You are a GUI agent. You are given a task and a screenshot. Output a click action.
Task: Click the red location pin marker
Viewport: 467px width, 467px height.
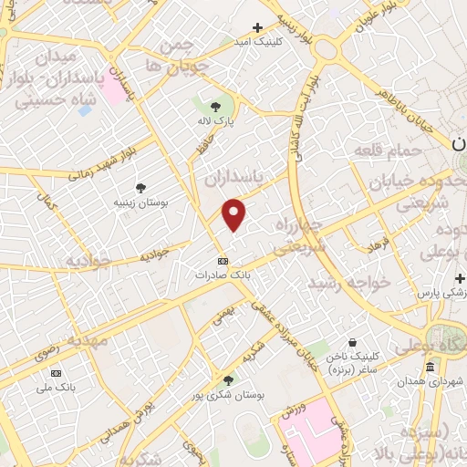click(x=234, y=215)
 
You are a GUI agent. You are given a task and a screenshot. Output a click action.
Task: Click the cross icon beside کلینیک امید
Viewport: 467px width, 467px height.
click(x=257, y=27)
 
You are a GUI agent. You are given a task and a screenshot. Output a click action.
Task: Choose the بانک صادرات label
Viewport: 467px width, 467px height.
click(x=223, y=274)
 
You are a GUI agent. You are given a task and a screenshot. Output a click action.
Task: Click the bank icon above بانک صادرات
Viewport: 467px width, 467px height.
click(x=223, y=260)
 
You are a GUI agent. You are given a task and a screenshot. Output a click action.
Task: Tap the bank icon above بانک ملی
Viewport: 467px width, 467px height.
click(x=57, y=373)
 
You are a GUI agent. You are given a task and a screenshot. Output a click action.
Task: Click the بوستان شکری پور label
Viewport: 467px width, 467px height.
click(x=228, y=395)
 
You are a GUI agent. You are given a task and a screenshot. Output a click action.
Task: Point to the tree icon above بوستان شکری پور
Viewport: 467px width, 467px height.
click(x=228, y=380)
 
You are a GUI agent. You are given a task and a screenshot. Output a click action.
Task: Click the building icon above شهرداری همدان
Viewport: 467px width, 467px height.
click(x=430, y=368)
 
